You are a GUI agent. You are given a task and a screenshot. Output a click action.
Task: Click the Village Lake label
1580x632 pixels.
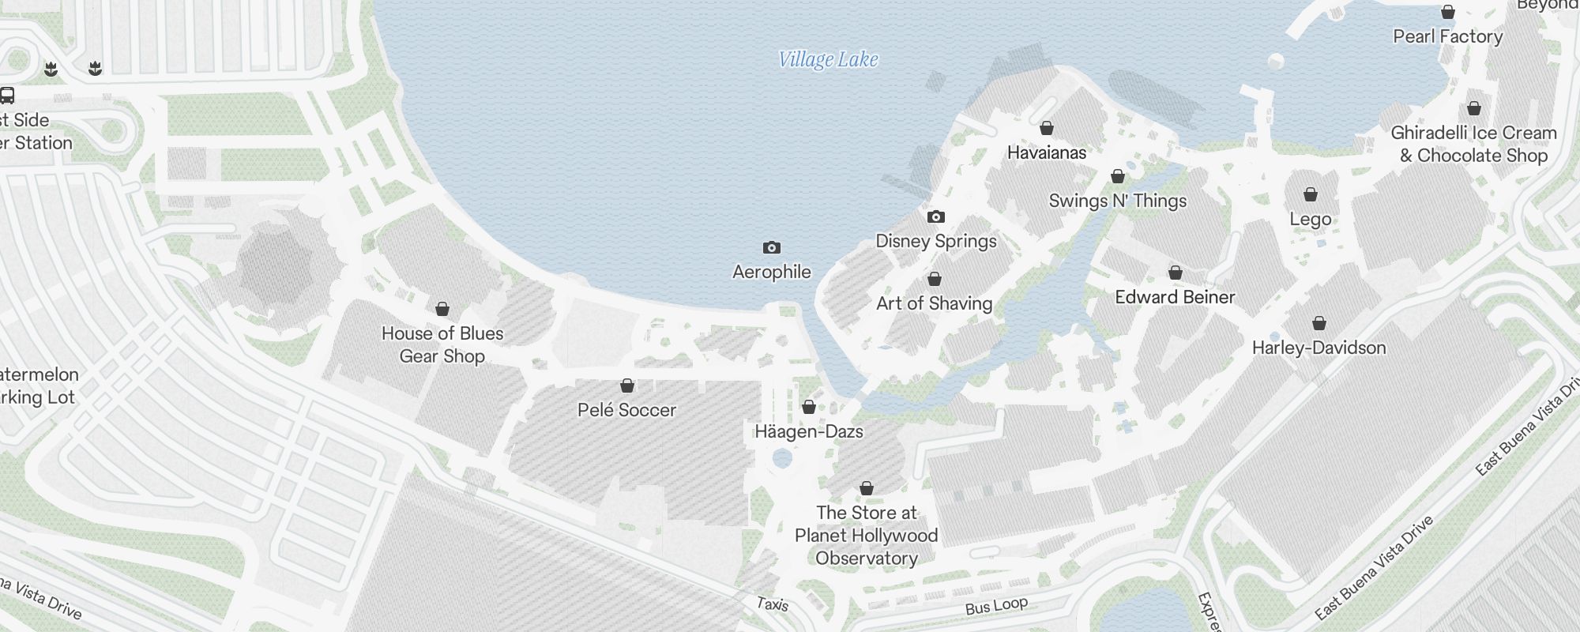(828, 60)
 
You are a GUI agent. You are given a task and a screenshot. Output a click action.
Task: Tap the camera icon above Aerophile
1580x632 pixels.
(772, 248)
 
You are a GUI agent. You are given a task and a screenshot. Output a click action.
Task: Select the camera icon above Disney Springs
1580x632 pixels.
(936, 216)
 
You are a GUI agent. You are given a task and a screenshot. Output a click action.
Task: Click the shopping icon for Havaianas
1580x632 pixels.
(1047, 128)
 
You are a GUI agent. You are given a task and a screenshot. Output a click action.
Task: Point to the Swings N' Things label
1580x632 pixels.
(1117, 201)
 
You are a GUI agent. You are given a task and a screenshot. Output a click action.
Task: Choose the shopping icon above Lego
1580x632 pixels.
(1311, 194)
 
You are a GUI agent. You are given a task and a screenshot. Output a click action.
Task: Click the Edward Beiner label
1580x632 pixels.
(1175, 297)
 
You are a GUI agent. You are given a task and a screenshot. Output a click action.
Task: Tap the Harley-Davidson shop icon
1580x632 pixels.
(1319, 323)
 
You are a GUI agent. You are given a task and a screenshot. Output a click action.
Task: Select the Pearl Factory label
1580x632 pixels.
(1447, 36)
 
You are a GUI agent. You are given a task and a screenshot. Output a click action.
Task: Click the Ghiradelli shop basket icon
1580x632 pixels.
(1474, 108)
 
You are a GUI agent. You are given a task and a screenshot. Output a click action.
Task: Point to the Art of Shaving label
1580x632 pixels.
(934, 303)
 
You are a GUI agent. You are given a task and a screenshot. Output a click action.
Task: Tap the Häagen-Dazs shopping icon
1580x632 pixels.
(809, 408)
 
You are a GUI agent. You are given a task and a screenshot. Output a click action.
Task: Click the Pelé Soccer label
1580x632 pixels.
(626, 410)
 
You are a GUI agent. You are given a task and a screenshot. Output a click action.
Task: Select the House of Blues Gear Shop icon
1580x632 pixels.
(442, 309)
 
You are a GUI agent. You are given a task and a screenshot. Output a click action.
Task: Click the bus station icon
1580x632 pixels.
(7, 96)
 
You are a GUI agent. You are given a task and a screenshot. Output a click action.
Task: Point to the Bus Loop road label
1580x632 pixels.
(996, 606)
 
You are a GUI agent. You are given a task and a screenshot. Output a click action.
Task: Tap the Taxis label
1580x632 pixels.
(772, 604)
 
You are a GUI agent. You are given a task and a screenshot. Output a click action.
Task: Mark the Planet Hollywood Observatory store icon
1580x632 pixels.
(867, 489)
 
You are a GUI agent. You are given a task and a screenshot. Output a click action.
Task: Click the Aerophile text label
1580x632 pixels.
(772, 272)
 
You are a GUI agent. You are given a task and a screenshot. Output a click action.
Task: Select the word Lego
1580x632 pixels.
(1311, 220)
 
